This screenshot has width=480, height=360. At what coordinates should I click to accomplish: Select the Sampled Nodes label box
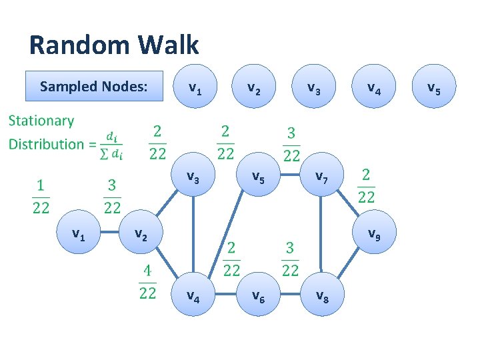[x=93, y=86]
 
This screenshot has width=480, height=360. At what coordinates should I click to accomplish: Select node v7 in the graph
[x=321, y=177]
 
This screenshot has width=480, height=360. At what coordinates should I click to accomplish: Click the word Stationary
[x=41, y=121]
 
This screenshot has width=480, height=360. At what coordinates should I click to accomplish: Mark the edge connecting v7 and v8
[x=321, y=237]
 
